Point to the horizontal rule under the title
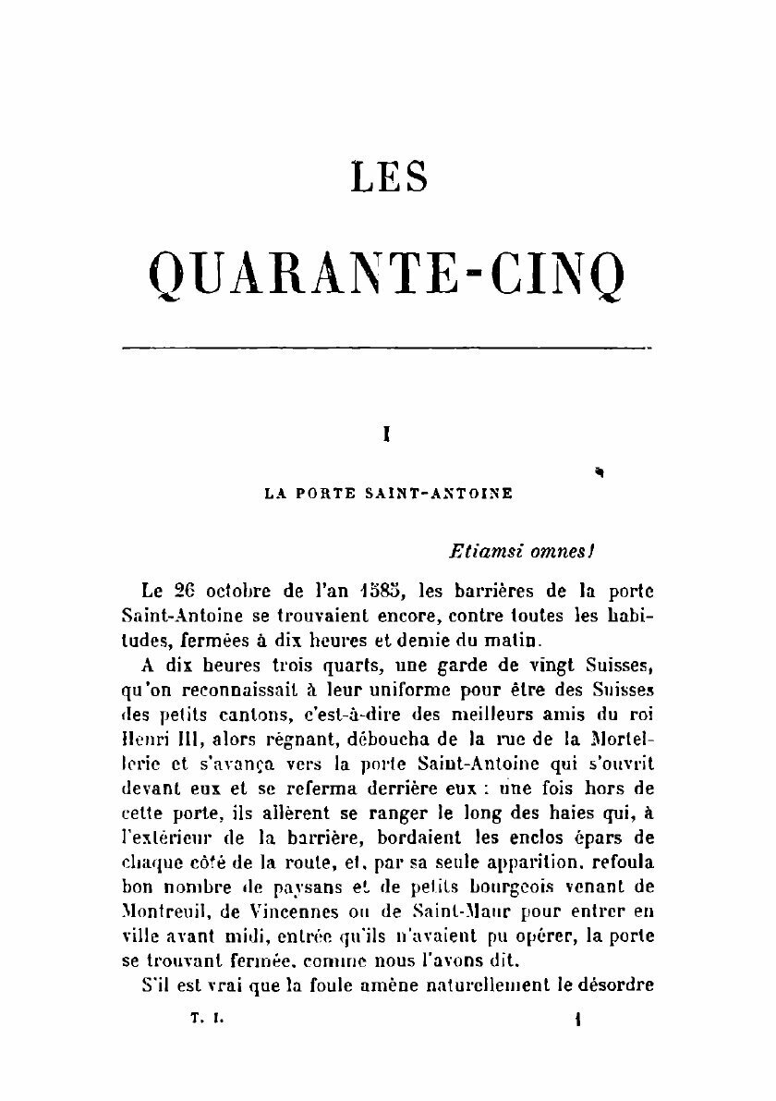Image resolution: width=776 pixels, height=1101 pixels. (x=387, y=349)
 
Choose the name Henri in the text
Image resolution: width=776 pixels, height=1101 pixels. (x=149, y=739)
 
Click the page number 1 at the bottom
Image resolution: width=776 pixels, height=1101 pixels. (x=576, y=1019)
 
